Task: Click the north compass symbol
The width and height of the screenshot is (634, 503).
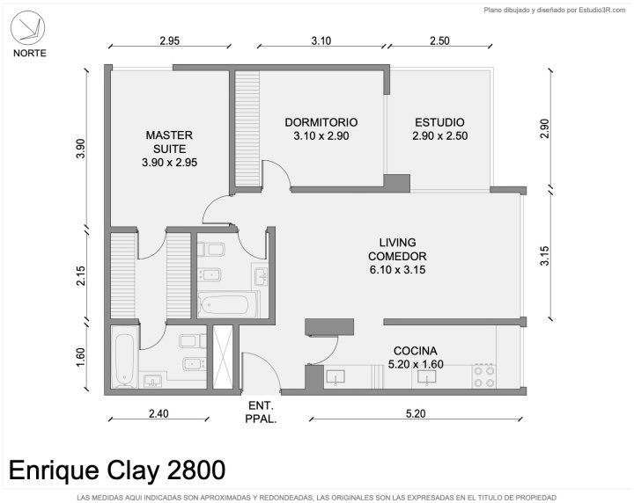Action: click(27, 27)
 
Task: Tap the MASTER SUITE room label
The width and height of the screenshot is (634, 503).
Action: click(169, 149)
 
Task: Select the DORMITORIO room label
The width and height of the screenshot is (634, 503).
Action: click(321, 128)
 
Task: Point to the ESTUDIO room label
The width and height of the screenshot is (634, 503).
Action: click(440, 128)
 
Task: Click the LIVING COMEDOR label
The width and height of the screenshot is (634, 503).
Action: click(397, 256)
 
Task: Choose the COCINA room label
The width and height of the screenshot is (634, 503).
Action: click(416, 357)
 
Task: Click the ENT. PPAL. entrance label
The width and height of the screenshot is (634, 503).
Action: click(261, 412)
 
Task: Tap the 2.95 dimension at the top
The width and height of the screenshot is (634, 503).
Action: click(169, 40)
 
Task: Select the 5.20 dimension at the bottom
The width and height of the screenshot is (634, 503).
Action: click(416, 414)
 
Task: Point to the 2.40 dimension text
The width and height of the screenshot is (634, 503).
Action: click(158, 414)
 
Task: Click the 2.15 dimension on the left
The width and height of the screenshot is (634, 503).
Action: click(81, 276)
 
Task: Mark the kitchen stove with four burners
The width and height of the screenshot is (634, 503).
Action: click(484, 376)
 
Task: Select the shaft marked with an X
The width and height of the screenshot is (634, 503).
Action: click(223, 357)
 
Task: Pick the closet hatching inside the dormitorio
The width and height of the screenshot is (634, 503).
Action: click(247, 128)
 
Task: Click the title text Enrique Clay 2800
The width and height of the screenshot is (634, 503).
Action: click(117, 470)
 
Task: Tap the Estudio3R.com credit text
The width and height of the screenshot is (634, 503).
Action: click(602, 10)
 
